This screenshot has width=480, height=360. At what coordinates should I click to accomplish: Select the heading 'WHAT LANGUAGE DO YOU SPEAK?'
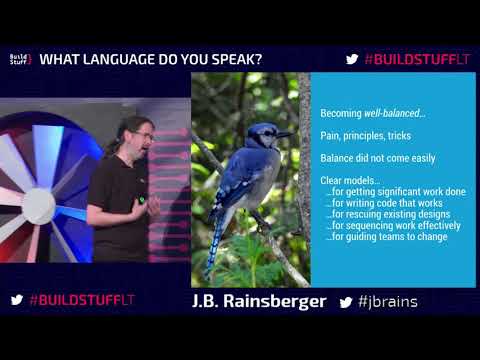[157, 59]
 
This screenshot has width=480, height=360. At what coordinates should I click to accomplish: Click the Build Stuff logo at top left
[20, 59]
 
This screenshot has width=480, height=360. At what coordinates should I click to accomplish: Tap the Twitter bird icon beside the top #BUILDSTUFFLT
[352, 59]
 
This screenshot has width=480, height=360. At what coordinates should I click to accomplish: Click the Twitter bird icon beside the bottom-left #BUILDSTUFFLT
[17, 300]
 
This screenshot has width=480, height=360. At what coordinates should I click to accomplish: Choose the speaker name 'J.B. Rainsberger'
[258, 301]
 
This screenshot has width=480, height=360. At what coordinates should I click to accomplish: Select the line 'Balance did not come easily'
[367, 158]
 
